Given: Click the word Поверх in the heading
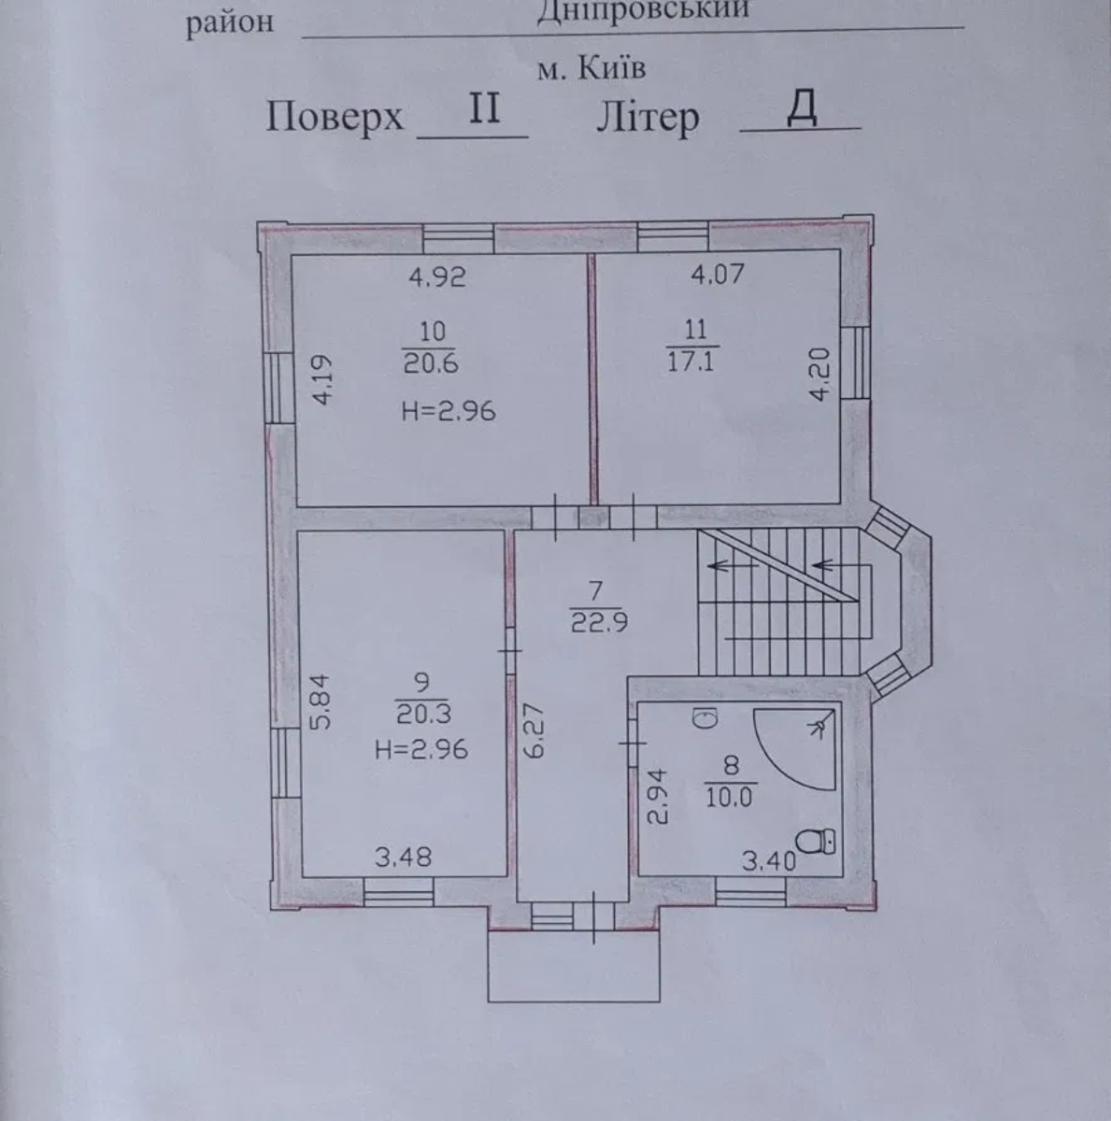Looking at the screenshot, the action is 335,117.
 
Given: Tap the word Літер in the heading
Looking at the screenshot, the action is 648,118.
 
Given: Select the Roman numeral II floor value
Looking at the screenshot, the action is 484,108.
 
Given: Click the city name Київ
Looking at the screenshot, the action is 611,69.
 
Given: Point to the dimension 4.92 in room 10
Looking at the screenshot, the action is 437,277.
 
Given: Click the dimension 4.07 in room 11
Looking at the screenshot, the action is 717,274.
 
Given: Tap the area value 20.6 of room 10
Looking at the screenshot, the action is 430,363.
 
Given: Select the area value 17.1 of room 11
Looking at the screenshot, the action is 691,362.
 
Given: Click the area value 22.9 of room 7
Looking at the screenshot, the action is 599,623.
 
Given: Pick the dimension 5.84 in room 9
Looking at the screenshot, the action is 320,702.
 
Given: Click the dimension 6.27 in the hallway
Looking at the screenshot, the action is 534,731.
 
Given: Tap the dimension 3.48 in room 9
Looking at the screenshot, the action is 403,857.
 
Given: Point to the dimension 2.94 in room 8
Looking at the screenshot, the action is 658,797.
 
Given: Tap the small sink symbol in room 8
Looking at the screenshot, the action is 705,718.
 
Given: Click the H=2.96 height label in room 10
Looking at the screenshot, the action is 449,412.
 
